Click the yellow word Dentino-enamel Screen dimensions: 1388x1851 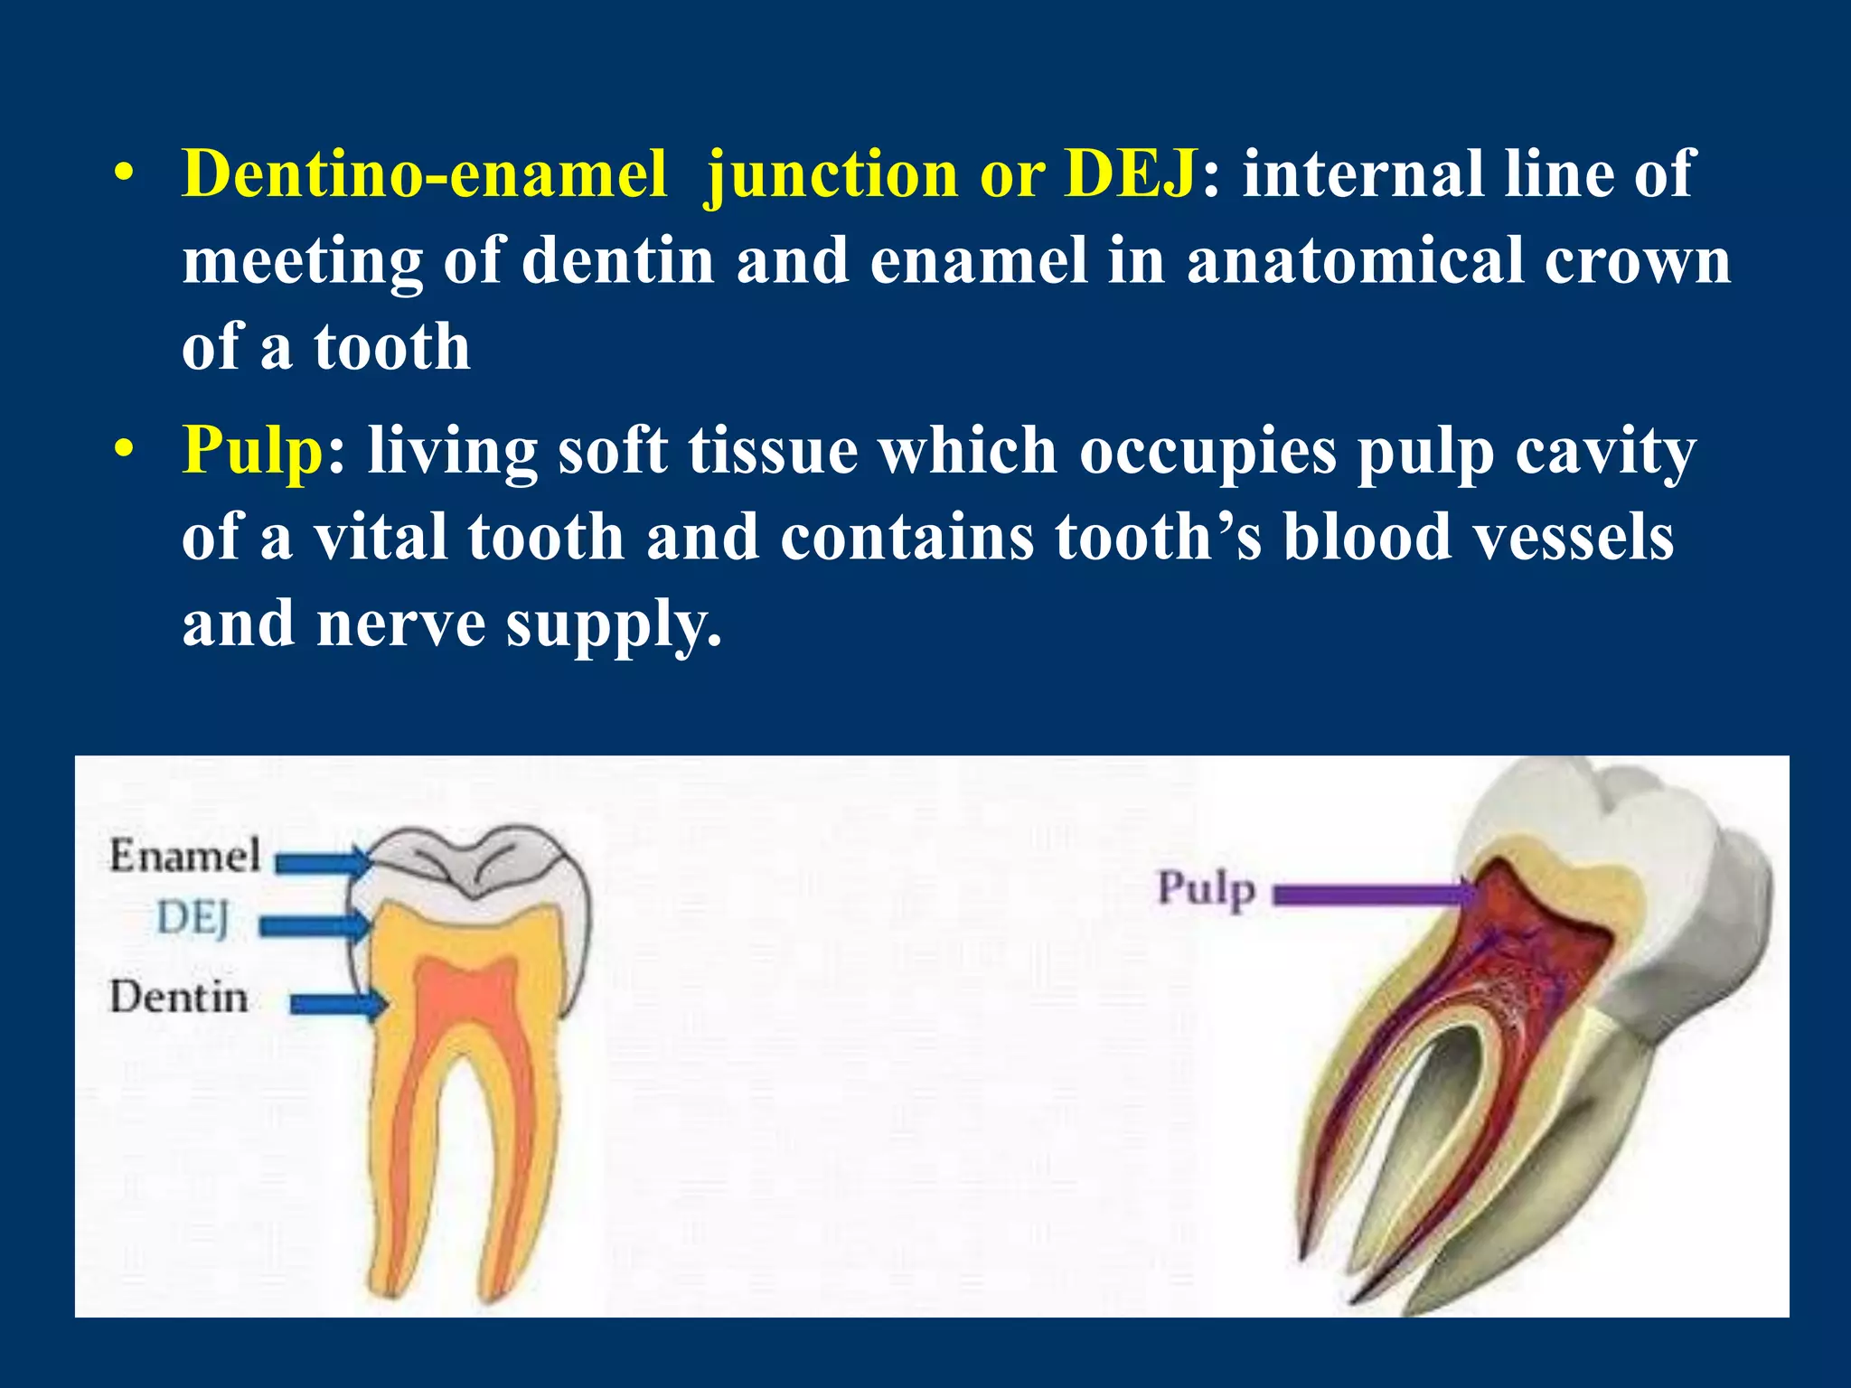point(425,173)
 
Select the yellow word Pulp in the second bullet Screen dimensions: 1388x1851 point(252,450)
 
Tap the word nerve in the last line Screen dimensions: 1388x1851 point(400,624)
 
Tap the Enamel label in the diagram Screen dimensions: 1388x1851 point(184,855)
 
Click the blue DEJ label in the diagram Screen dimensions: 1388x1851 point(193,920)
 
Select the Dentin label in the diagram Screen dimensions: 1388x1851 point(179,998)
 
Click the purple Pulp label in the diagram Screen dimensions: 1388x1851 point(1207,889)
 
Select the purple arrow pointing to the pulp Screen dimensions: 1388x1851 point(1374,895)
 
